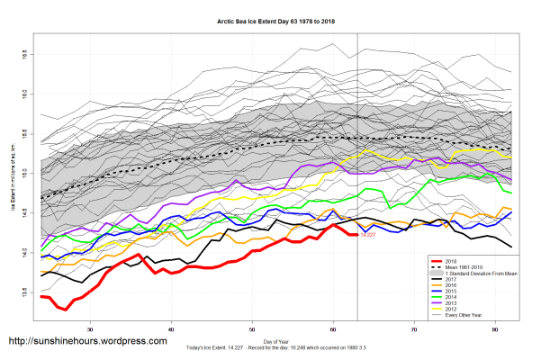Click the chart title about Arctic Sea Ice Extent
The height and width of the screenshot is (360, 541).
click(x=270, y=18)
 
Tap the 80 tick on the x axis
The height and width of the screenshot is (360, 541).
click(x=496, y=330)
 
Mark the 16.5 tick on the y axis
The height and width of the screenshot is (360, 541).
click(x=23, y=54)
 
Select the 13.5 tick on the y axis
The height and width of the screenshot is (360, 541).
click(x=23, y=292)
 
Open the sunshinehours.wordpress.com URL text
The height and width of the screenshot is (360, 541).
click(x=87, y=342)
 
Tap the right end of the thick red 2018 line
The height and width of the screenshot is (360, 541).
click(x=357, y=234)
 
